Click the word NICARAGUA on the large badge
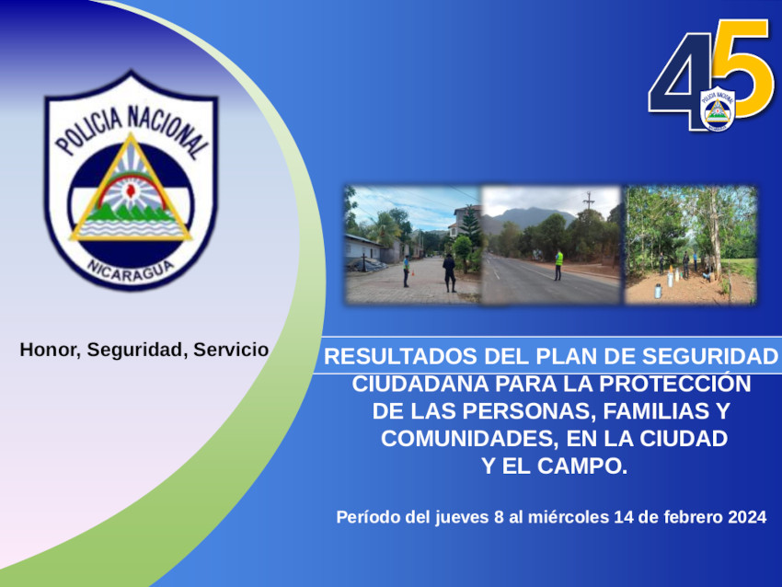click(130, 270)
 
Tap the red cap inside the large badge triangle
click(132, 190)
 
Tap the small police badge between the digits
click(718, 109)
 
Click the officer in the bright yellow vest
click(559, 264)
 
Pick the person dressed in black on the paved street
click(449, 272)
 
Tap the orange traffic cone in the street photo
click(412, 273)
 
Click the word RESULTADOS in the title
click(400, 357)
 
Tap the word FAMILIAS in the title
click(656, 411)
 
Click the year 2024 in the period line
click(747, 517)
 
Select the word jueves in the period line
click(462, 518)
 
